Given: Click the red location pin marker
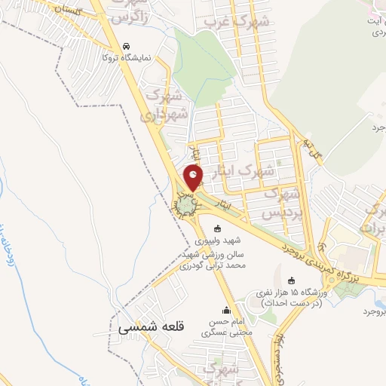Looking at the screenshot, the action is point(194,177).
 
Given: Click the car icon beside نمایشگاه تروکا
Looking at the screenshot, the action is point(126,45).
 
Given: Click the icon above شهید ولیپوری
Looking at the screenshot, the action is point(218,228).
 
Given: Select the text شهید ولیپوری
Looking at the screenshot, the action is point(218,241).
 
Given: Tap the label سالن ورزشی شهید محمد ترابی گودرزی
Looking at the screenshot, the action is point(218,262).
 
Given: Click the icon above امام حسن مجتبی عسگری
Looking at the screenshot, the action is point(226,310).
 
